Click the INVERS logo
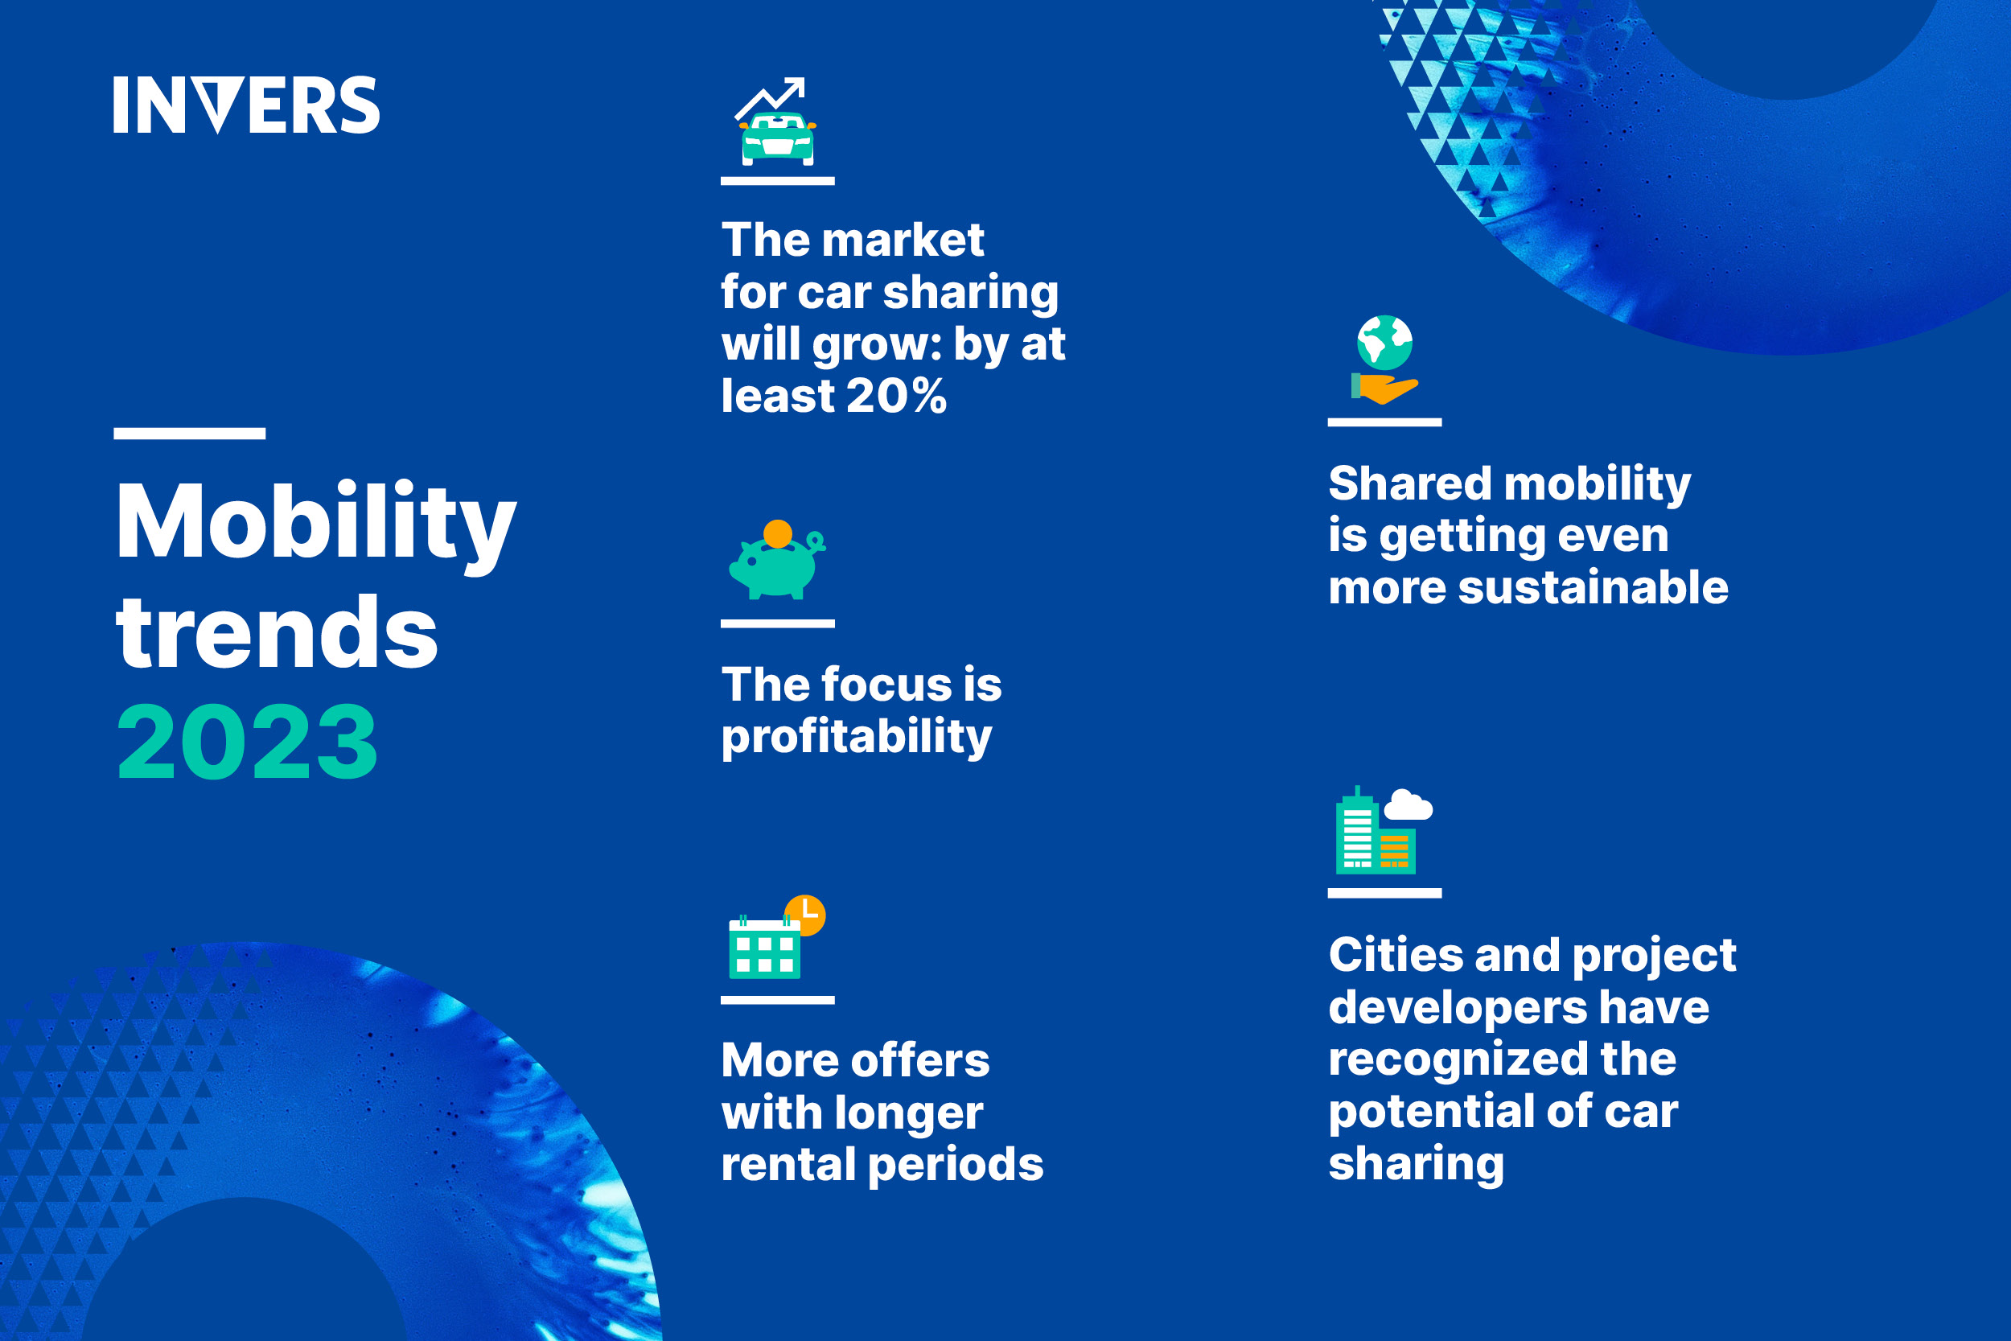246,105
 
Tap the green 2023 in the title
247,742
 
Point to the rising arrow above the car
771,97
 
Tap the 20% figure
897,396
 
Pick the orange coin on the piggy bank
777,533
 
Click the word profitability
857,737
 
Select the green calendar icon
764,948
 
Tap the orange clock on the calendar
805,915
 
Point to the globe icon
1384,343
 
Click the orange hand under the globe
1385,389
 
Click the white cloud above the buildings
1408,804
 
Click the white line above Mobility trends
190,434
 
